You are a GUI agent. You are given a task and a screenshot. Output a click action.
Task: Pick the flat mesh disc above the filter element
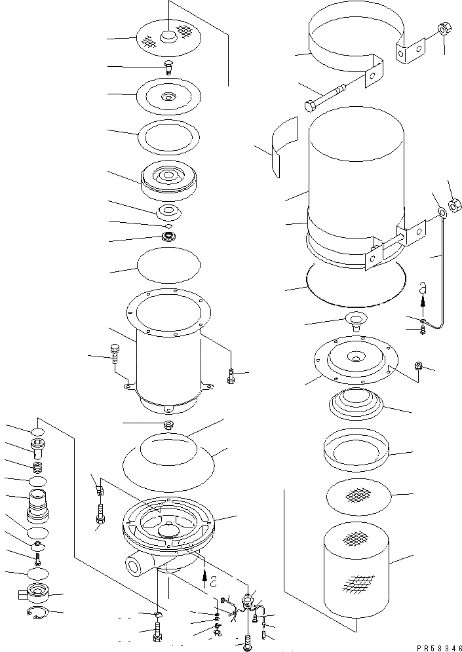pyautogui.click(x=358, y=496)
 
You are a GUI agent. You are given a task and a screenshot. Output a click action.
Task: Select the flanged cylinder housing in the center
pyautogui.click(x=167, y=354)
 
